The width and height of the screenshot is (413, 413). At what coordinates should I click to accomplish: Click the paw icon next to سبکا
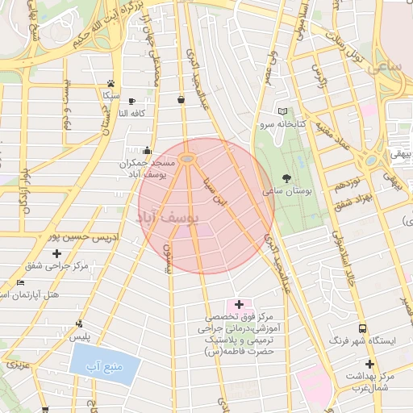[111, 83]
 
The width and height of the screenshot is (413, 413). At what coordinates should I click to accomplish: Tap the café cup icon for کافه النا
[132, 101]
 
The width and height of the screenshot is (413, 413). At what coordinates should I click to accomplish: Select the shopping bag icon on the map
[181, 100]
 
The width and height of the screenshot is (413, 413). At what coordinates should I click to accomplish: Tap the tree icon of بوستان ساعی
[287, 178]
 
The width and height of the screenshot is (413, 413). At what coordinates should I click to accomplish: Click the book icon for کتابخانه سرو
[282, 111]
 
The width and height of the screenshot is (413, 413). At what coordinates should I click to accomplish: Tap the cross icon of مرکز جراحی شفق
[56, 254]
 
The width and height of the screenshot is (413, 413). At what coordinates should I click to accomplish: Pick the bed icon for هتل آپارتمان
[20, 283]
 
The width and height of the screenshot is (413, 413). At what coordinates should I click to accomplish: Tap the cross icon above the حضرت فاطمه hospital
[238, 304]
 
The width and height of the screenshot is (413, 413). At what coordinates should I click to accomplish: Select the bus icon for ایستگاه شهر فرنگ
[362, 329]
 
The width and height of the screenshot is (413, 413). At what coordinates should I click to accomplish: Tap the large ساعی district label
[387, 68]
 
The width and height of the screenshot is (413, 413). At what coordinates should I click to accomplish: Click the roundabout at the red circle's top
[187, 158]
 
